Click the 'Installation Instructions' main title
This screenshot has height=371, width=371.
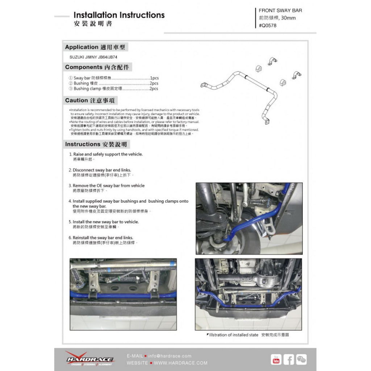click(x=119, y=15)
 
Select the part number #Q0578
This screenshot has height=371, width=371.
click(x=268, y=25)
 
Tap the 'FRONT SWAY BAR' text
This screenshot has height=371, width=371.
click(x=280, y=11)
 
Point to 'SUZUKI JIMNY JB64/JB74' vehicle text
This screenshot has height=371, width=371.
click(x=93, y=57)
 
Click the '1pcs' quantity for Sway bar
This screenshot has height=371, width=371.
click(x=154, y=78)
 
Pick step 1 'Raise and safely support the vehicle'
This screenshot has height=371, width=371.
click(x=107, y=154)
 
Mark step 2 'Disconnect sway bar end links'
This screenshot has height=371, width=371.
click(x=102, y=170)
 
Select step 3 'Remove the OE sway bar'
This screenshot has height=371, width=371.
click(x=108, y=185)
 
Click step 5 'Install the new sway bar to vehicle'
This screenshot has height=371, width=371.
click(x=105, y=222)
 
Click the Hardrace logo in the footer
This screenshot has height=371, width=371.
click(x=89, y=359)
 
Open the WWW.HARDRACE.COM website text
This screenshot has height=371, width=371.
click(x=181, y=363)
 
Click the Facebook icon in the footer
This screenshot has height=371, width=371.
click(x=289, y=359)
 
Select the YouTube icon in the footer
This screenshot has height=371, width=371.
click(x=276, y=359)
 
